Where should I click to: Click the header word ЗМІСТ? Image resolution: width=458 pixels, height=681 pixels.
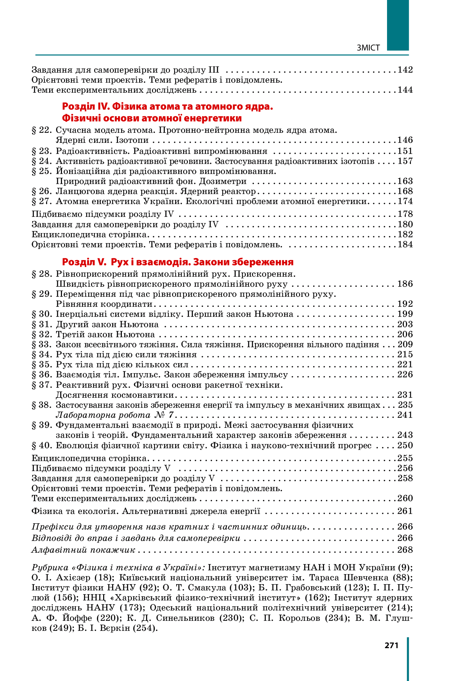(368, 48)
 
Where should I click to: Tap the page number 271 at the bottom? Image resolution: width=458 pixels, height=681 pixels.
(392, 645)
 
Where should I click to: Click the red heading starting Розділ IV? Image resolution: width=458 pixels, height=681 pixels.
(168, 107)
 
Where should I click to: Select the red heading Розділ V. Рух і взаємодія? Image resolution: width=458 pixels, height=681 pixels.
(178, 262)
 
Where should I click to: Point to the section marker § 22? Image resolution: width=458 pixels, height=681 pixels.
(42, 130)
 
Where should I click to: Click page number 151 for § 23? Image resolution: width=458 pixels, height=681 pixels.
(405, 151)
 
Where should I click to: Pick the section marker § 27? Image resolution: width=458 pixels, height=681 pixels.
(42, 201)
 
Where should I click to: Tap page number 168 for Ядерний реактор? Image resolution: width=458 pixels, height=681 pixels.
(405, 191)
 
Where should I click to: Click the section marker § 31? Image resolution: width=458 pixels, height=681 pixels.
(42, 324)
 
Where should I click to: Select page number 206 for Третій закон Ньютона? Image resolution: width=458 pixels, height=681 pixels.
(405, 334)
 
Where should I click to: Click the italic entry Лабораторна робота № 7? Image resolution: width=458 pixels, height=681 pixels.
(115, 415)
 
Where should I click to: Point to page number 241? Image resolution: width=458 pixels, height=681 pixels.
(405, 415)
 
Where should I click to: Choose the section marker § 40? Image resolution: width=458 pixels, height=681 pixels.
(42, 445)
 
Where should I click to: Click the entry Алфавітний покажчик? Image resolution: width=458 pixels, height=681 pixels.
(83, 550)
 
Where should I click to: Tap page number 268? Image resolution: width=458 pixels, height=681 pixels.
(405, 550)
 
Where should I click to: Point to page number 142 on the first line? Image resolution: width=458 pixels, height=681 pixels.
(405, 70)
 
